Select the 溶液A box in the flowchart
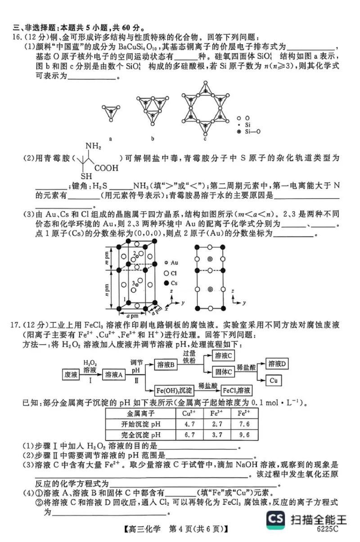pyautogui.click(x=113, y=375)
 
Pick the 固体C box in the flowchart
pyautogui.click(x=223, y=372)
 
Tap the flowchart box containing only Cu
pyautogui.click(x=274, y=380)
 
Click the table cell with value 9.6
pyautogui.click(x=244, y=435)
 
